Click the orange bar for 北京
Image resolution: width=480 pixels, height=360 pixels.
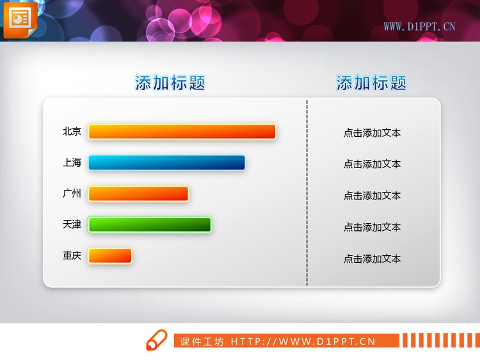[x=182, y=132]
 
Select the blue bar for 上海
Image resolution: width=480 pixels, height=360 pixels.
[x=166, y=163]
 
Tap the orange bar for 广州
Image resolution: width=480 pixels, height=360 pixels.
[x=138, y=194]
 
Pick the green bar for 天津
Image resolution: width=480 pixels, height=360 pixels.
[x=150, y=224]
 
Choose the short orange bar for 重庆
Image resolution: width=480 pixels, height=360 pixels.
[x=110, y=256]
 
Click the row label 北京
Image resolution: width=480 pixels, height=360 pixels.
[x=72, y=132]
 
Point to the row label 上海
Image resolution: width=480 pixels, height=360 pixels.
[x=72, y=163]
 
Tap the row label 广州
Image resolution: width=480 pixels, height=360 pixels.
[x=72, y=194]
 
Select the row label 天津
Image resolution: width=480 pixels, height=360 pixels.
[x=72, y=224]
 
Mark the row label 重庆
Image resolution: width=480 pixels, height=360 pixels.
[x=72, y=256]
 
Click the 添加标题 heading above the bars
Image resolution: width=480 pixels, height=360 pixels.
[x=170, y=83]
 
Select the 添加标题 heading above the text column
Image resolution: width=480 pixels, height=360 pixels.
[x=371, y=83]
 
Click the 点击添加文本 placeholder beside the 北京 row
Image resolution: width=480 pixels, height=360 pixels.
[x=372, y=133]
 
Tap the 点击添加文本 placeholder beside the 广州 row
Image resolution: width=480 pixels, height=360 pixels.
[x=372, y=196]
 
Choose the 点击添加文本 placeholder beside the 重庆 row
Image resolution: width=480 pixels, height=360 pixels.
[x=372, y=259]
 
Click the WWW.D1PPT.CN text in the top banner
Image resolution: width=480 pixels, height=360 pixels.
[x=419, y=27]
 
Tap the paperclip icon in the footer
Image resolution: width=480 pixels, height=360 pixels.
[x=156, y=340]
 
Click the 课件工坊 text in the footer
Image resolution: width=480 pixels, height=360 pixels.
[x=202, y=341]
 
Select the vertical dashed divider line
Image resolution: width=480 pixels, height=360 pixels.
[x=307, y=192]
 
